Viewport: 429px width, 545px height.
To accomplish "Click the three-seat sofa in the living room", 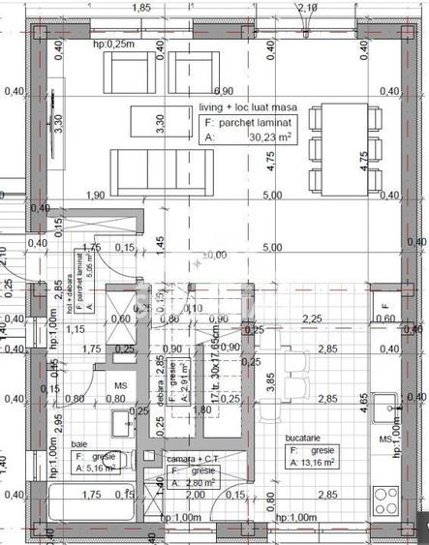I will pyautogui.click(x=147, y=170).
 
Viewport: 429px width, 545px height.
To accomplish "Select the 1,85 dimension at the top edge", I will pyautogui.click(x=141, y=7).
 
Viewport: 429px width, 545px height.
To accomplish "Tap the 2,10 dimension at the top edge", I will pyautogui.click(x=308, y=7).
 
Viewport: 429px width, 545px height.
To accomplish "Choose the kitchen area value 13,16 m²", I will pyautogui.click(x=312, y=462).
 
